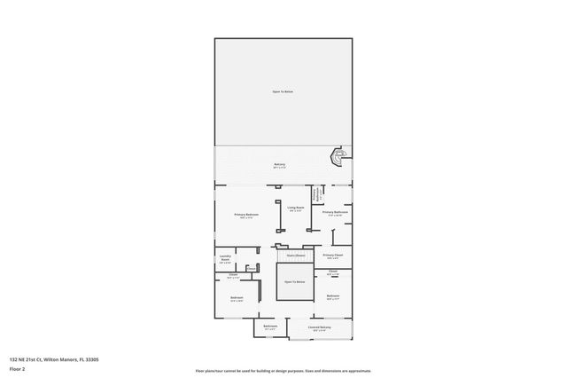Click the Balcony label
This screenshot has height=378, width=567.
[280, 165]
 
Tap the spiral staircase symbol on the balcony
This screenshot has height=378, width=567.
[337, 157]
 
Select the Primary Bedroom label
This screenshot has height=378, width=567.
[246, 215]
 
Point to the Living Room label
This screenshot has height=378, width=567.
[295, 208]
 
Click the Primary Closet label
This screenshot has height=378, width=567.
[334, 255]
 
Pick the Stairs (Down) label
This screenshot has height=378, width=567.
[295, 256]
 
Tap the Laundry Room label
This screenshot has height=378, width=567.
[225, 258]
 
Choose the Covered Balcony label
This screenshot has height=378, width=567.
[321, 327]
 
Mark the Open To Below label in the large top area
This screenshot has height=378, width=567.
[283, 91]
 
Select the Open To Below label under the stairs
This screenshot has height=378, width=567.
[294, 281]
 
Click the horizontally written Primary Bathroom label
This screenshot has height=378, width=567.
[335, 212]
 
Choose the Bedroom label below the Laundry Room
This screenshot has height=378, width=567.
[237, 297]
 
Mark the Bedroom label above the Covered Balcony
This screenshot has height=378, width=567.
[333, 295]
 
